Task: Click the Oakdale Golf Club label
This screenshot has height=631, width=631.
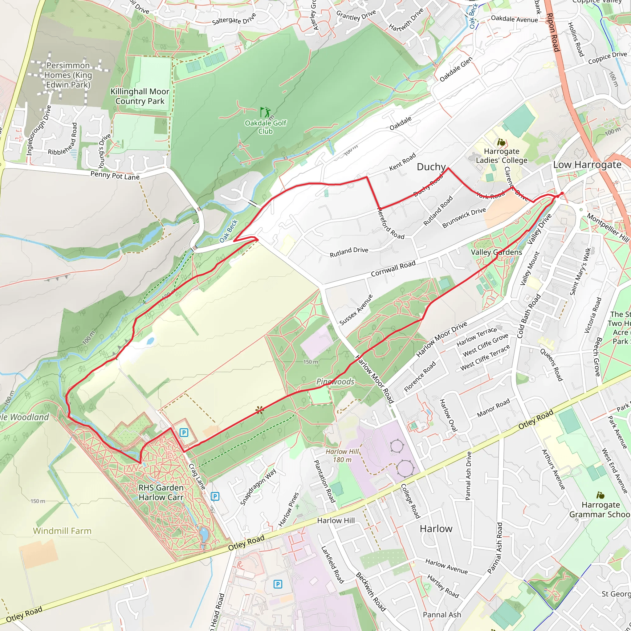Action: pos(265,127)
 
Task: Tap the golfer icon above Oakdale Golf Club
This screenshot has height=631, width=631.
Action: pos(265,112)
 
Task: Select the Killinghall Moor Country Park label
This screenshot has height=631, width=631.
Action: pos(140,96)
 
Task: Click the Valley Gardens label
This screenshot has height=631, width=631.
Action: pos(496,252)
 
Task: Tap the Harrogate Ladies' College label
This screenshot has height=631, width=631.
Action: pos(501,156)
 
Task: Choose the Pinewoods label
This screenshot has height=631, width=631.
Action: pos(335,381)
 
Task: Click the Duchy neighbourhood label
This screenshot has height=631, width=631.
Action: pos(431,167)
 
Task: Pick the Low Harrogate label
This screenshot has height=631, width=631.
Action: pos(587,165)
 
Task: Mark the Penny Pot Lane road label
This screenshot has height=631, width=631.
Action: pos(115,176)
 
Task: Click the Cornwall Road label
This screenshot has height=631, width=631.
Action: pos(393,268)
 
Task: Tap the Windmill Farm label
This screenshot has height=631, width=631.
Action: pos(62,531)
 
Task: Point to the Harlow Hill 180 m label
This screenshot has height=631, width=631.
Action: pos(342,456)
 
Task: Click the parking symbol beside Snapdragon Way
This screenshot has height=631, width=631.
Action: pos(214,497)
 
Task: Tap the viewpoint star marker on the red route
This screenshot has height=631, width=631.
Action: pos(260,410)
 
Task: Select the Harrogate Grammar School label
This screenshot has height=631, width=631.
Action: pos(600,510)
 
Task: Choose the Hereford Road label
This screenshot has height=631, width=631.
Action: pos(391,224)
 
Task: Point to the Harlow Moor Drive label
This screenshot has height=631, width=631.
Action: pos(441,339)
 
